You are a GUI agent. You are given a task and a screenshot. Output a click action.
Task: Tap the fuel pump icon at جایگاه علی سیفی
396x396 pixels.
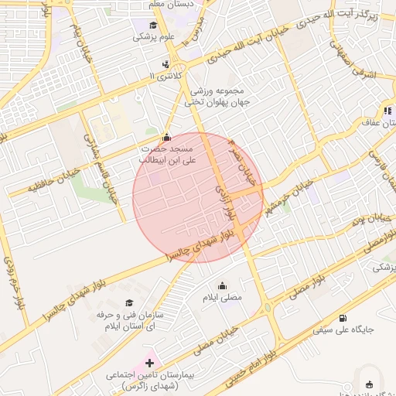click(x=343, y=317)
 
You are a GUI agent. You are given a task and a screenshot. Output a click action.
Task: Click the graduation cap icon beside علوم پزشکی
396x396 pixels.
click(x=137, y=25)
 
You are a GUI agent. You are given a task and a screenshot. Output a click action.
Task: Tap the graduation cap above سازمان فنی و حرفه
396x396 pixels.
click(x=129, y=302)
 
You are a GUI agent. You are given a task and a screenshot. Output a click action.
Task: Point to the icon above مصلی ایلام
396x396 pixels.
click(x=223, y=285)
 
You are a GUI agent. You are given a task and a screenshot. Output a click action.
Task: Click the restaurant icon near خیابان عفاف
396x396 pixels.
click(x=387, y=110)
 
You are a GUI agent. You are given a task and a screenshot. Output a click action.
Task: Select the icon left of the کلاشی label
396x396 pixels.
click(x=166, y=64)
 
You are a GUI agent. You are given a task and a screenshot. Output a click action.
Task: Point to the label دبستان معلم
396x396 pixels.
click(x=169, y=4)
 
